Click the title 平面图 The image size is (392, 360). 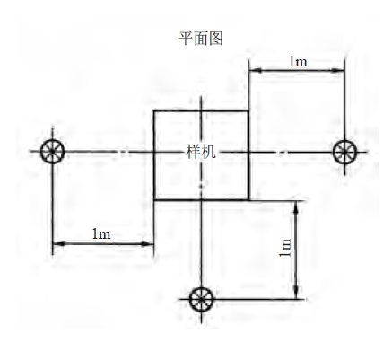(201, 39)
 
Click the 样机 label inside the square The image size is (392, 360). (201, 152)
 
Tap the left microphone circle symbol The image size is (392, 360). (53, 152)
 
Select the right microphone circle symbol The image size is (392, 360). (344, 152)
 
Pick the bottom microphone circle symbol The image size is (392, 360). (202, 299)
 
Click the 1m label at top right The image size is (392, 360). (298, 61)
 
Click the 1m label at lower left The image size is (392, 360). (101, 233)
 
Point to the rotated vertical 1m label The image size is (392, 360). (285, 248)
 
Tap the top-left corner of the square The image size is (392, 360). (154, 111)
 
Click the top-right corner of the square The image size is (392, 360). (248, 111)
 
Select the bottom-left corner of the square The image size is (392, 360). (154, 199)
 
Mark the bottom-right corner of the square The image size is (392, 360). (248, 199)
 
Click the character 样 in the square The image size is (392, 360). (193, 152)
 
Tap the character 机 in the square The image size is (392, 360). (208, 152)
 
